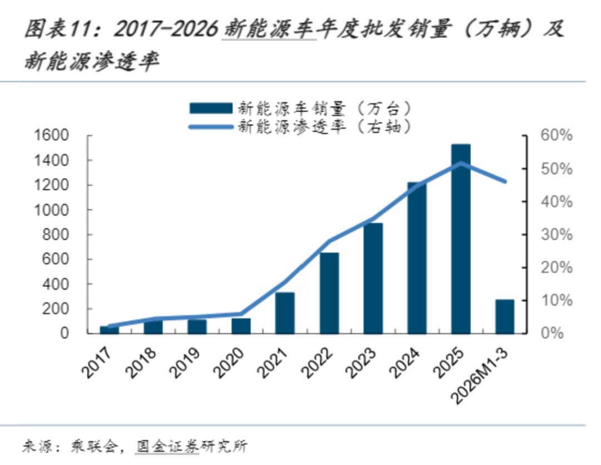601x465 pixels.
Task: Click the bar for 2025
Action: click(x=461, y=239)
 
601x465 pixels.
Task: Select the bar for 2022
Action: click(x=329, y=293)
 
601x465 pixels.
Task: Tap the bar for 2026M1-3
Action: click(x=505, y=316)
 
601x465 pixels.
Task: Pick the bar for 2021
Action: click(x=285, y=313)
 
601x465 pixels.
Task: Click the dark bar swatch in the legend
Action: click(x=210, y=108)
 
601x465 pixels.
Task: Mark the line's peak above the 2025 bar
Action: click(x=461, y=163)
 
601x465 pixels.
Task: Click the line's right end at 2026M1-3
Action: click(x=505, y=181)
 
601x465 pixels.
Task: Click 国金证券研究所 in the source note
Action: click(x=192, y=446)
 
